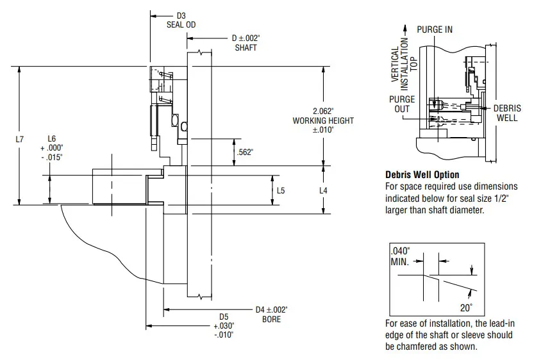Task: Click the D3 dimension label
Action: click(181, 15)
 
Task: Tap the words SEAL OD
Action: click(181, 24)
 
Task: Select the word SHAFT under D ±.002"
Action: click(246, 47)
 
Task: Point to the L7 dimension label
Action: click(20, 139)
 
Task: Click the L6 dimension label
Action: click(51, 138)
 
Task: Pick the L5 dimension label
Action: click(281, 190)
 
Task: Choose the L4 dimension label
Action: click(323, 190)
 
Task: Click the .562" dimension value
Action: click(245, 152)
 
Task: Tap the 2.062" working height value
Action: click(323, 111)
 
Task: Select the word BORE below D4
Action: click(271, 319)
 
